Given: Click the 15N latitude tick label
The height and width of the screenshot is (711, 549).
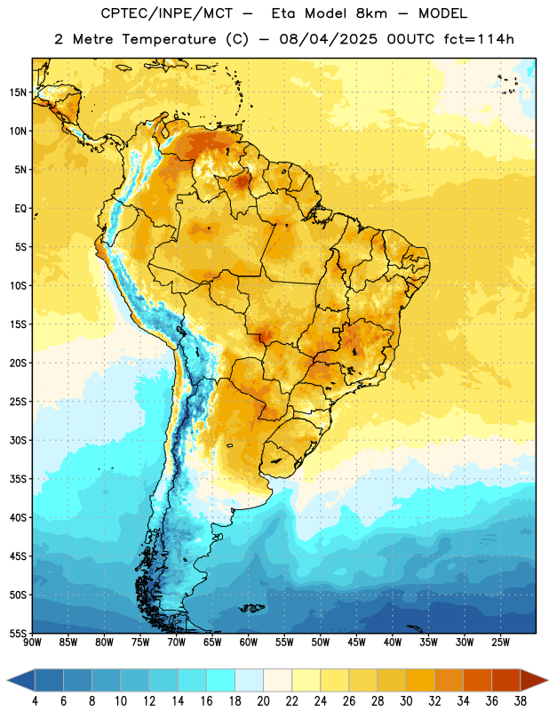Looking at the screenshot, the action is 18,92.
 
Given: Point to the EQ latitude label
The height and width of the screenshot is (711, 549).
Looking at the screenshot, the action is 20,209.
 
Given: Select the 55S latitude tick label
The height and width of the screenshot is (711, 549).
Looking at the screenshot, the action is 18,633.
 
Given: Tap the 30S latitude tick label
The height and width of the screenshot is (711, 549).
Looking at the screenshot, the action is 18,440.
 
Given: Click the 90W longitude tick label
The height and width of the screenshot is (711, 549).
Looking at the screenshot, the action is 32,642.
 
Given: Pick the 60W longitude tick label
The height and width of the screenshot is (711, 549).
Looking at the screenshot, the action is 249,642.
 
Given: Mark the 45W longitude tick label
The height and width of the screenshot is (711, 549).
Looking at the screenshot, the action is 356,642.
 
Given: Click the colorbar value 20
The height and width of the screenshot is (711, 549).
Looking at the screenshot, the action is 263,701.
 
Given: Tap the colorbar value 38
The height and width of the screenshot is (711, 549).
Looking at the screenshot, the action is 521,701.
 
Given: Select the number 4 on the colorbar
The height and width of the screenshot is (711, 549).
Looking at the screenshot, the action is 35,701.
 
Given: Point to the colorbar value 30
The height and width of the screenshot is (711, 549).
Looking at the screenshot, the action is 406,701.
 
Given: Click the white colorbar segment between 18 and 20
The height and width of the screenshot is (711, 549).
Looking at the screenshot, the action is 249,681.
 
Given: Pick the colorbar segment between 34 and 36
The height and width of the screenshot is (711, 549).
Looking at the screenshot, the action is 477,681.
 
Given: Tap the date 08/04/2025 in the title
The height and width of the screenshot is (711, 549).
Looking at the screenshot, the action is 328,39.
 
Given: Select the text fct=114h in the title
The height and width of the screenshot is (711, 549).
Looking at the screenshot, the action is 478,39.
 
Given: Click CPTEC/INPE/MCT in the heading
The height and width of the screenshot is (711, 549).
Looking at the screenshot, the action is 166,13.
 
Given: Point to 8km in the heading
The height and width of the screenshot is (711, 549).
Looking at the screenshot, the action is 371,13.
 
